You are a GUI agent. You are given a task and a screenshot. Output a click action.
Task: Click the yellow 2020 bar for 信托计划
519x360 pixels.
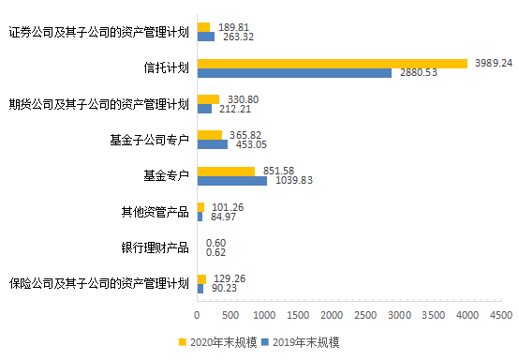point(332,63)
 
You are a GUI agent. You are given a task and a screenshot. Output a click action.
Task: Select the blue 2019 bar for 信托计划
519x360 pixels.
point(294,73)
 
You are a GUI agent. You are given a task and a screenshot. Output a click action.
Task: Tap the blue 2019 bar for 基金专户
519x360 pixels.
point(231,180)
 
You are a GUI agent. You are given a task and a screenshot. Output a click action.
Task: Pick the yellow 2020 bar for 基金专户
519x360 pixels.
point(225,171)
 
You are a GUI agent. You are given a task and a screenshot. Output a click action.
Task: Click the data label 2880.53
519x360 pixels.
point(417,73)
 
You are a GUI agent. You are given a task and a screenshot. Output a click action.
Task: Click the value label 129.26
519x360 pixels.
point(229,278)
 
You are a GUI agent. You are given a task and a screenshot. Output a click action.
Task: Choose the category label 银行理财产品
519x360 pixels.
point(155,247)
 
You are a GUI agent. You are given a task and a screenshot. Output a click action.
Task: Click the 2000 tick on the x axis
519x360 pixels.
point(332,316)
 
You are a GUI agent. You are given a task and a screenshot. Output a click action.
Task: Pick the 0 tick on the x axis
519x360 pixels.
point(197,316)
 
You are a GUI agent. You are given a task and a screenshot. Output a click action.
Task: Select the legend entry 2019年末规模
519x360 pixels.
point(305,343)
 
